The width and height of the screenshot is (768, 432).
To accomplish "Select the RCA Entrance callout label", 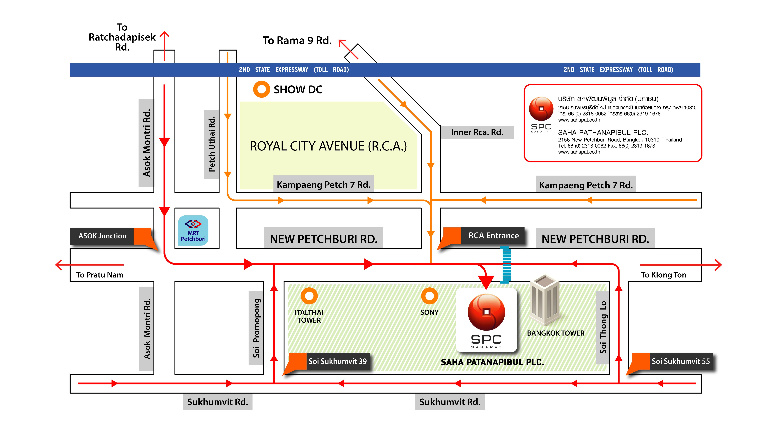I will pyautogui.click(x=493, y=236).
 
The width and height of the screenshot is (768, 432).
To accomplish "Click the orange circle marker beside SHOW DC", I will pyautogui.click(x=262, y=89).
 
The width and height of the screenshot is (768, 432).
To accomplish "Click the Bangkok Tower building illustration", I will pyautogui.click(x=544, y=300).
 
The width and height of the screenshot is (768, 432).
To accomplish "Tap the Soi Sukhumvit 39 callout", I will pyautogui.click(x=337, y=361).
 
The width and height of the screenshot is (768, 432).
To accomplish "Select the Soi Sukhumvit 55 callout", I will pyautogui.click(x=680, y=361).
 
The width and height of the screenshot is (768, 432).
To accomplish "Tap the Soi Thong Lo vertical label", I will pyautogui.click(x=603, y=327).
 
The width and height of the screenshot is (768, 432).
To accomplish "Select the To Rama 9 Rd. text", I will pyautogui.click(x=297, y=41).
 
